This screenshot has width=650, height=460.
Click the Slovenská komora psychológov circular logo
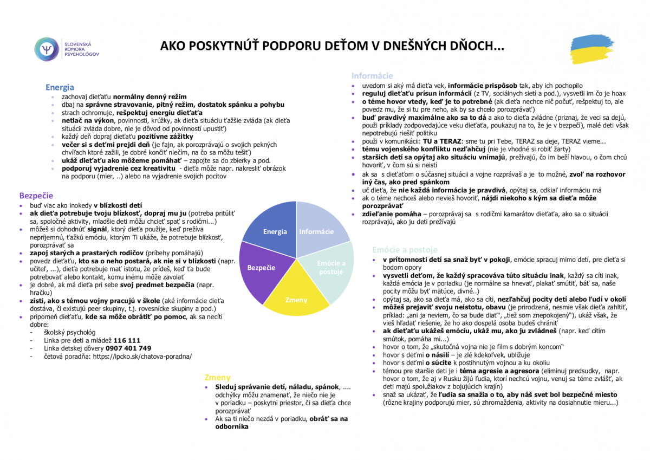46,49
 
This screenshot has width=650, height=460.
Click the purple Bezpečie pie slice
262,267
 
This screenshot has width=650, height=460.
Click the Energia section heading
60,87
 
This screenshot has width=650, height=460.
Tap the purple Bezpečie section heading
36,196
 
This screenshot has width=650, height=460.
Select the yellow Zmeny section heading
217,377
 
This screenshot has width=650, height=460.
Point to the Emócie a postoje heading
405,250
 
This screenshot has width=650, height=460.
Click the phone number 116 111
127,340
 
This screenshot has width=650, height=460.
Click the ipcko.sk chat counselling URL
142,357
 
